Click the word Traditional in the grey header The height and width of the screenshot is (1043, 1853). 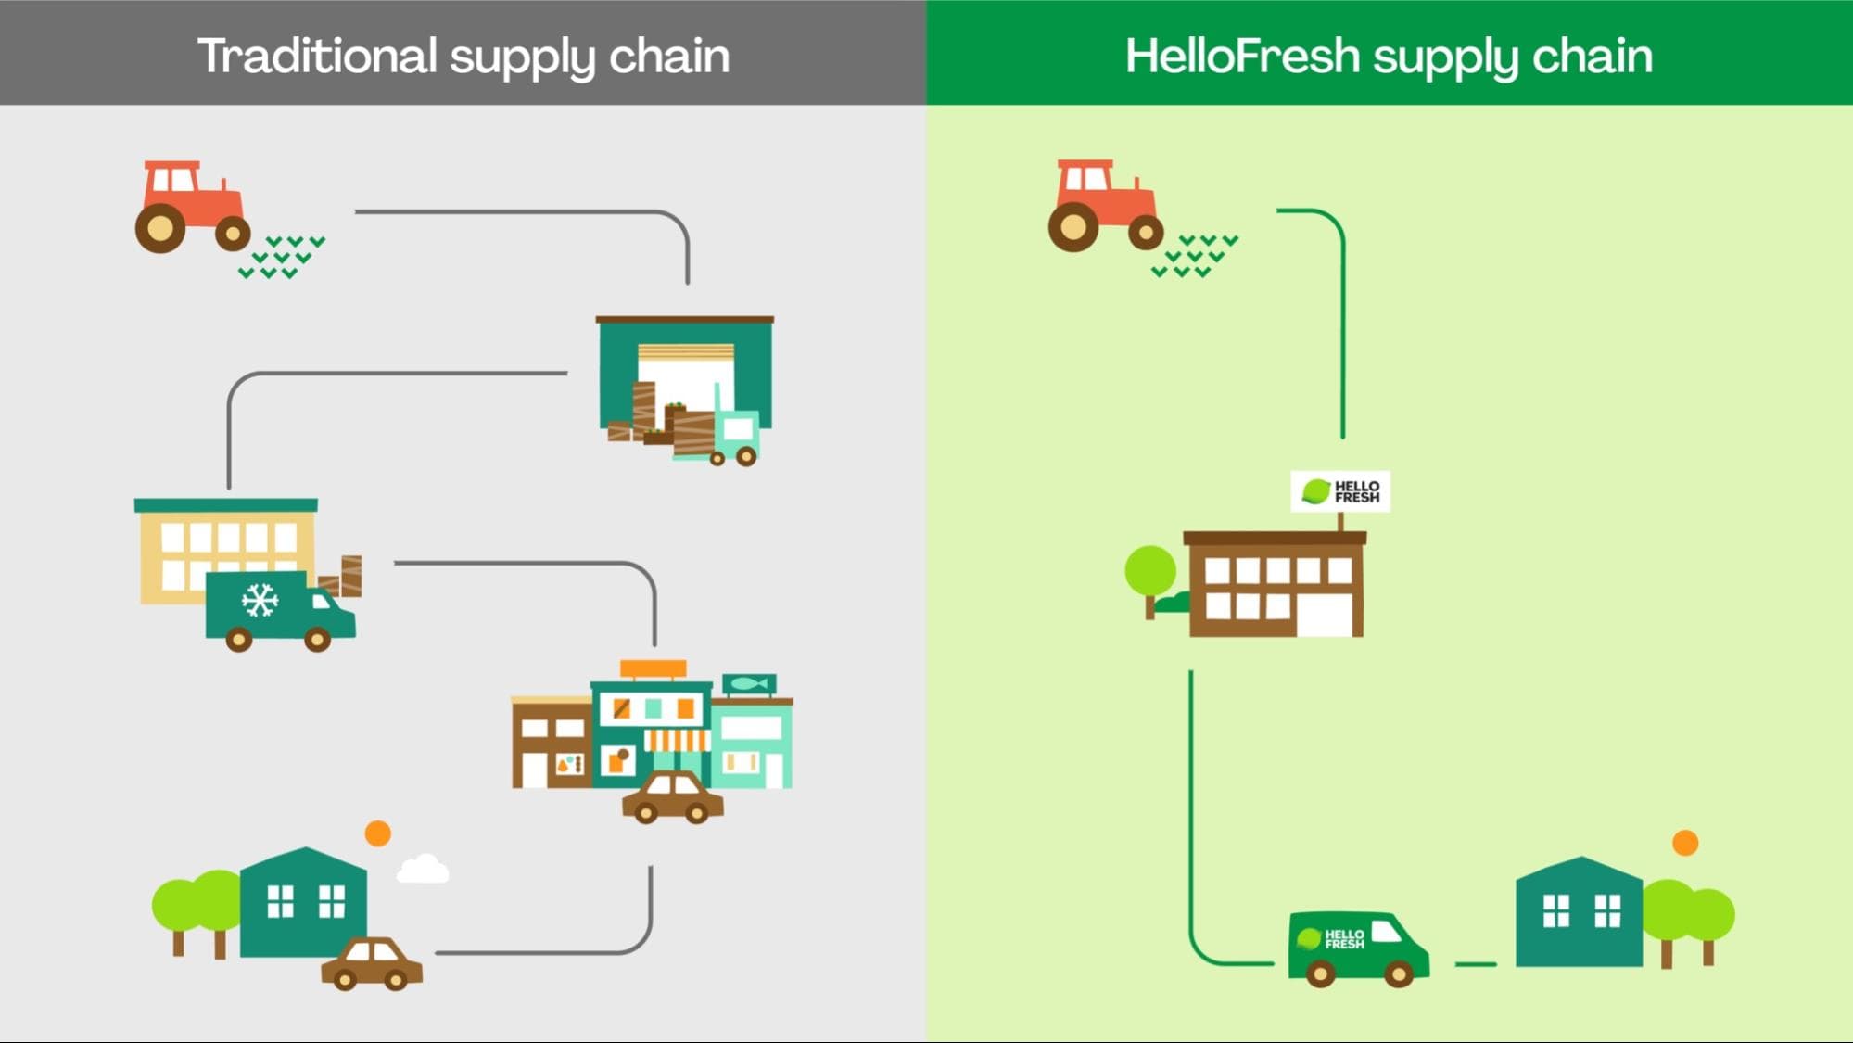pos(317,56)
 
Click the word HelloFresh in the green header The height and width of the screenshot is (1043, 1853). pos(1242,56)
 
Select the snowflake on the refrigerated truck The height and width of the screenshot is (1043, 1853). pos(260,601)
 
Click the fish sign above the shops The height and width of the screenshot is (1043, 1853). pos(749,684)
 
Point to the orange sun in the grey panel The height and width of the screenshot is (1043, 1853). pos(377,833)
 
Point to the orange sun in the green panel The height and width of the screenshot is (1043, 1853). pos(1685,843)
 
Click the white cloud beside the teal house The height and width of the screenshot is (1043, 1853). pos(423,870)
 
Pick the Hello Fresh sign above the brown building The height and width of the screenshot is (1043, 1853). pos(1340,491)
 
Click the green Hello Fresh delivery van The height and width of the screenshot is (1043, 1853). pos(1357,946)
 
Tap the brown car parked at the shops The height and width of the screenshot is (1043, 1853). pos(673,798)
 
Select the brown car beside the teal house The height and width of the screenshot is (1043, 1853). pos(372,964)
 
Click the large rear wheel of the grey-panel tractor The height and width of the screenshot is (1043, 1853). pos(160,228)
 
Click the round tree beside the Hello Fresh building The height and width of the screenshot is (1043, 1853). pos(1150,571)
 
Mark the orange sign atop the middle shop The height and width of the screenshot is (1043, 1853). pos(654,668)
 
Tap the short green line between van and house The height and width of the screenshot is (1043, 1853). pos(1476,964)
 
